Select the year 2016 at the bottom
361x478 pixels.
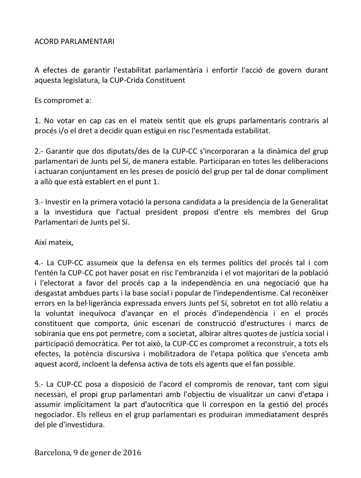[131, 452]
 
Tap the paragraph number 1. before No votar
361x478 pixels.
[37, 121]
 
